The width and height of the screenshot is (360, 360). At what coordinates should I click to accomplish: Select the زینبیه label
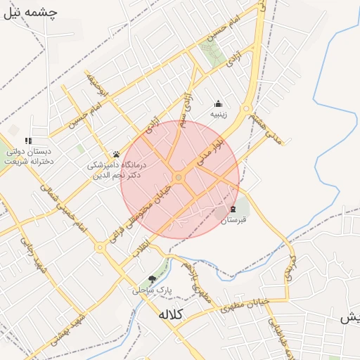point(219,113)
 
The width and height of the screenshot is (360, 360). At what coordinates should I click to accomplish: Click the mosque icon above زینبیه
point(219,103)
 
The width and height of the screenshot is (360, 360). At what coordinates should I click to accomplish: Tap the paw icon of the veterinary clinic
point(116,155)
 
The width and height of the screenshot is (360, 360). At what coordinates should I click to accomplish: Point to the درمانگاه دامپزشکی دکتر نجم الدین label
point(116,169)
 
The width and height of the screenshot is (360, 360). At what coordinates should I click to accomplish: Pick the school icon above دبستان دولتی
point(28,141)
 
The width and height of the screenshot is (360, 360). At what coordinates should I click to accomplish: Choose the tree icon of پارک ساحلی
point(151,279)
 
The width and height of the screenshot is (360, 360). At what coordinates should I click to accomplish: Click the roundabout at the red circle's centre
point(179,178)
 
